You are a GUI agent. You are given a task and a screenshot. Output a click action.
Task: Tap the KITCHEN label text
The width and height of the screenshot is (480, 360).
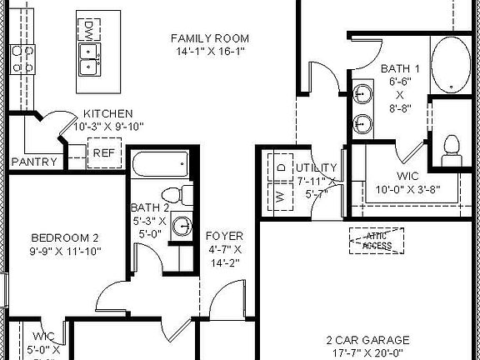point(108,114)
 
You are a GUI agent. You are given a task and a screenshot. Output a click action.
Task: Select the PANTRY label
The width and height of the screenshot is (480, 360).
point(35,162)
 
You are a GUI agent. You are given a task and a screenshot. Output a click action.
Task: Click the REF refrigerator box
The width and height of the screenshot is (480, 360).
point(103,152)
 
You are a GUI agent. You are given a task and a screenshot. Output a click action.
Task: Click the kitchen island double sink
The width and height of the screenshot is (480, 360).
point(88,59)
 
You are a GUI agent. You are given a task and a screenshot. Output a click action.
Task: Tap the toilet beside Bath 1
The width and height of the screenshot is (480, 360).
point(452,145)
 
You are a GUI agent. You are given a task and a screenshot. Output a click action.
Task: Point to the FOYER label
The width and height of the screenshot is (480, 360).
point(224,236)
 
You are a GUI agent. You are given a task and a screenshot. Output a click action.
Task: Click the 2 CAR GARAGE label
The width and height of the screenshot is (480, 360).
point(367,340)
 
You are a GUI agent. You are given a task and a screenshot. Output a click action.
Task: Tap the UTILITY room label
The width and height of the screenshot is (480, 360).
point(316,167)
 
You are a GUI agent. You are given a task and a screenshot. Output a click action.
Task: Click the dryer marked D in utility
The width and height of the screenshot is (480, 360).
point(281,167)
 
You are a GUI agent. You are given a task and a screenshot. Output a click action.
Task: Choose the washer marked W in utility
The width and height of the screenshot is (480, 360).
point(280,197)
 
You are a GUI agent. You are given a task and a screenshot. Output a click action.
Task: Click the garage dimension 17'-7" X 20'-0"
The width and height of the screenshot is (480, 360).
point(367,352)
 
